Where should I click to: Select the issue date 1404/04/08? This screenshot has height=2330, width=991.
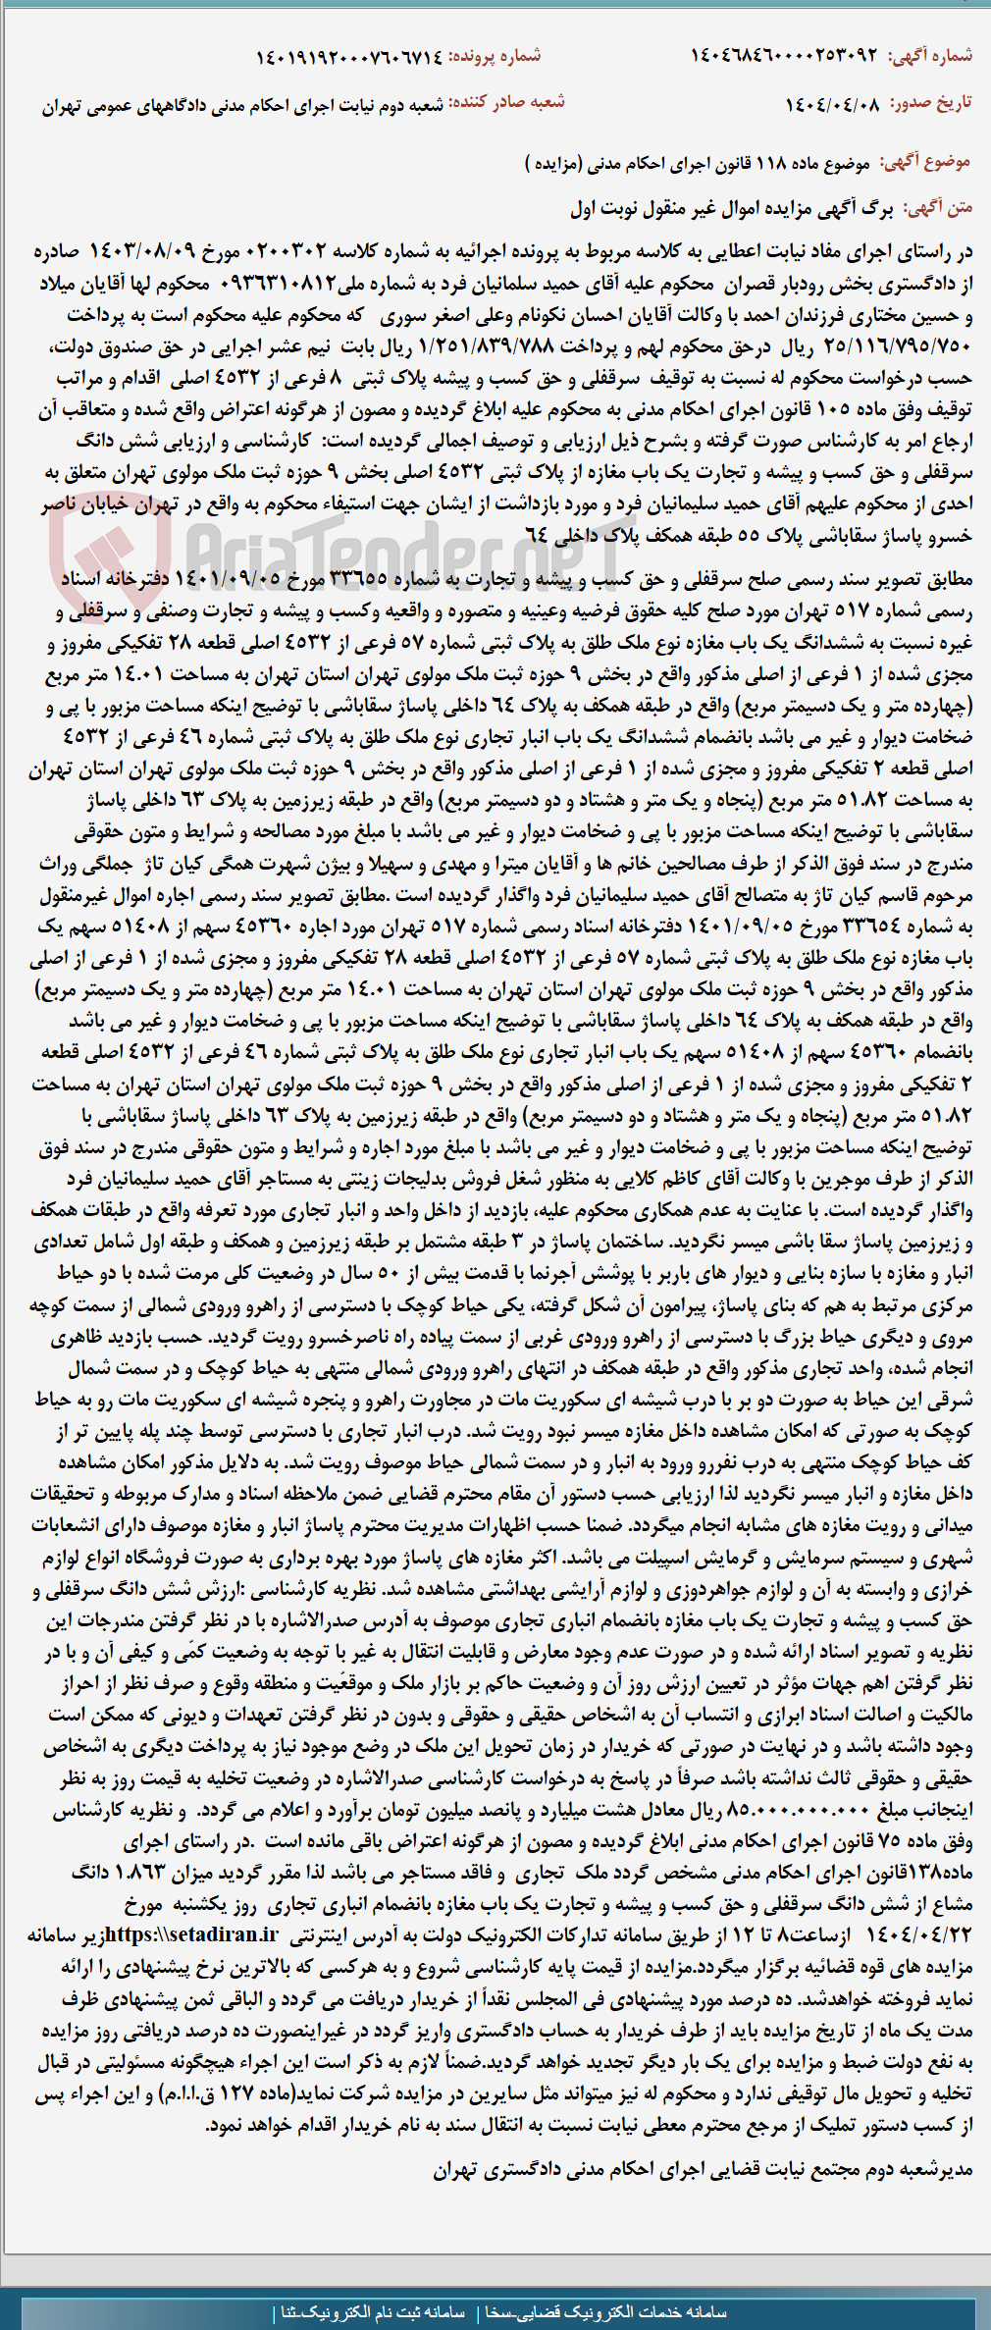click(x=832, y=104)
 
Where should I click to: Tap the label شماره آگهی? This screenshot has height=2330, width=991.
click(x=930, y=56)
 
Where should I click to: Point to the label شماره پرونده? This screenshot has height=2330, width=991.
click(x=495, y=57)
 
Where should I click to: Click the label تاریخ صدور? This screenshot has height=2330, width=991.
click(x=930, y=103)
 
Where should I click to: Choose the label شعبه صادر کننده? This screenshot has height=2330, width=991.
click(x=507, y=103)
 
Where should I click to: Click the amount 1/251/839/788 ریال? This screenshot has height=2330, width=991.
click(x=485, y=346)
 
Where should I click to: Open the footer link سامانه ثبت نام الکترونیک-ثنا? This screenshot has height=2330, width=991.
click(x=373, y=2312)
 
